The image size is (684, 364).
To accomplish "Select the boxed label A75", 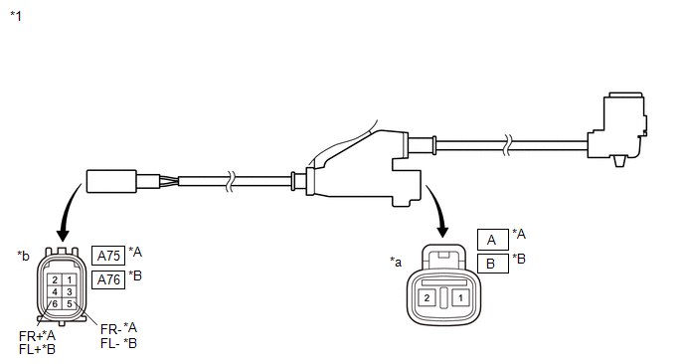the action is (x=108, y=256).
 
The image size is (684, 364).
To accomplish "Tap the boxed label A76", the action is (x=108, y=279).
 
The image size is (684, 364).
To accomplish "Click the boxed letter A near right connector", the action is (x=491, y=239).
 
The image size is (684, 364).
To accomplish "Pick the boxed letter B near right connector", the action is (x=491, y=264).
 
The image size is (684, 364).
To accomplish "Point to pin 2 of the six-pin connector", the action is (x=55, y=279).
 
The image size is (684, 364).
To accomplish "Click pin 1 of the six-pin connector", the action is (x=69, y=279).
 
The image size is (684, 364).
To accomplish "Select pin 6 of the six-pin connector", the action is (x=55, y=303).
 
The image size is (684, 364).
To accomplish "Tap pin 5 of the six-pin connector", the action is (x=69, y=303).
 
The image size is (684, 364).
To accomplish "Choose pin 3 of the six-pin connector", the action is (x=69, y=291).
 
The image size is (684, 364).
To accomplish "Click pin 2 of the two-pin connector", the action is (x=427, y=297).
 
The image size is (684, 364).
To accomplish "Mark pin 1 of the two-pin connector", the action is (x=459, y=297).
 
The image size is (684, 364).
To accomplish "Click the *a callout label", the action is (x=396, y=262).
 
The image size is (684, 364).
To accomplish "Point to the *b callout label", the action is (x=23, y=256).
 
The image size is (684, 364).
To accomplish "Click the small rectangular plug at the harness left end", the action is (x=111, y=181).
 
